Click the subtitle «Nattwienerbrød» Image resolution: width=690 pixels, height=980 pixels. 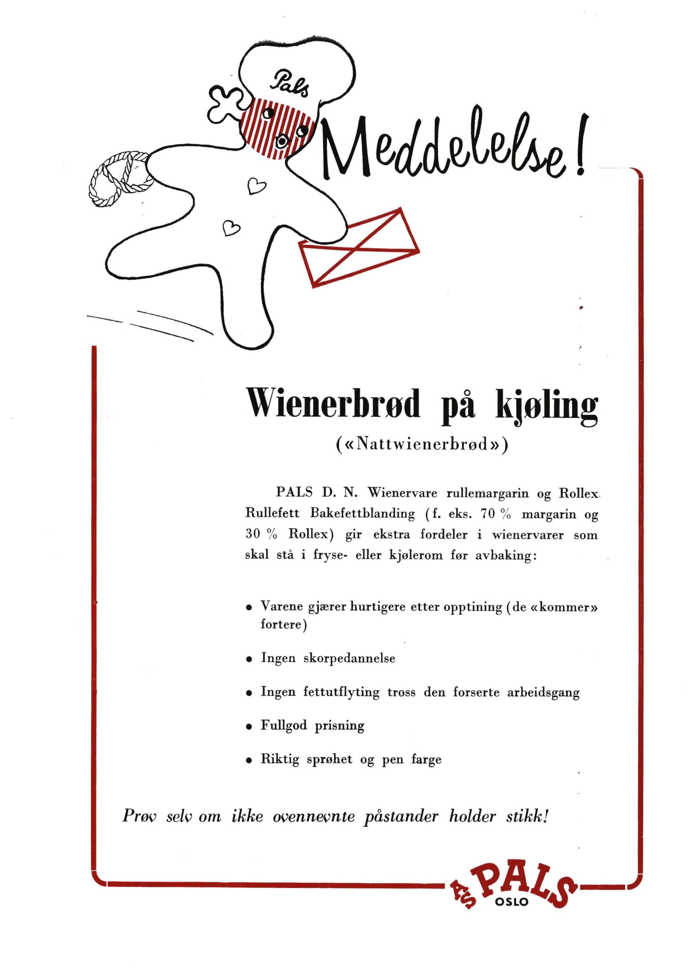(422, 445)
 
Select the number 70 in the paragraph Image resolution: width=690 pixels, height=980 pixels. (489, 514)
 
